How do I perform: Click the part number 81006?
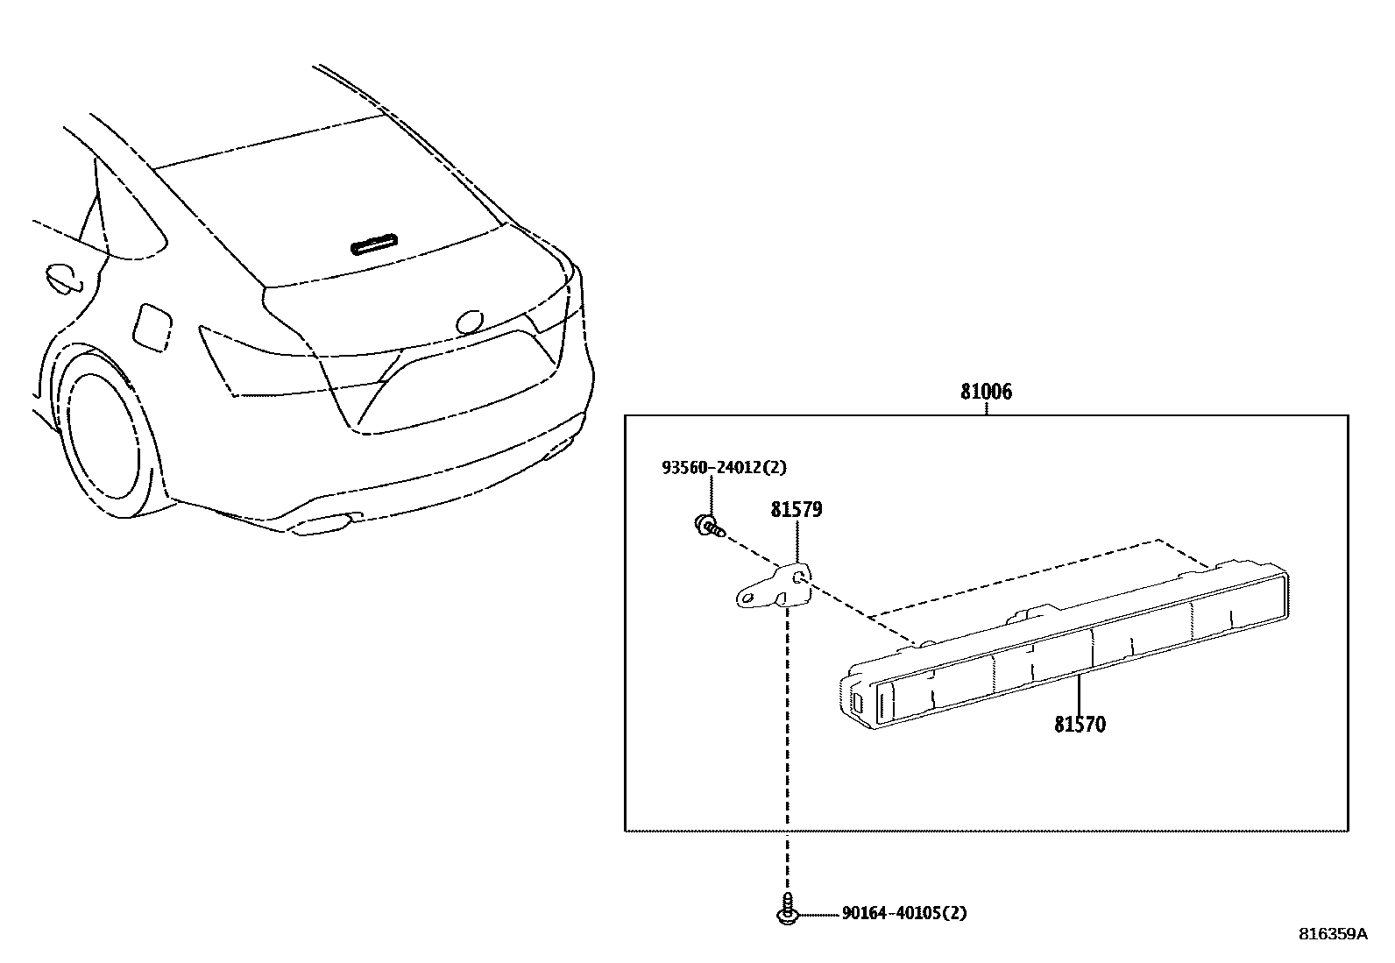click(986, 392)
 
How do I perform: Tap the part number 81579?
click(797, 509)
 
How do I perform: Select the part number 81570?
click(1080, 725)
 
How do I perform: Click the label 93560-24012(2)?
click(724, 468)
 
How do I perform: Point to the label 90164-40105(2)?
click(904, 913)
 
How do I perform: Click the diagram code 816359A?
click(1332, 934)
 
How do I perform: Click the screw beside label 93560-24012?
click(709, 527)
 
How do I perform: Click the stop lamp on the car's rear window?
click(374, 244)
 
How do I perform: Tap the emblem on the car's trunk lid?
click(469, 322)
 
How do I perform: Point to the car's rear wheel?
click(103, 438)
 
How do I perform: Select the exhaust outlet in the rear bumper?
click(326, 524)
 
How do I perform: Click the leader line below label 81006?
click(986, 408)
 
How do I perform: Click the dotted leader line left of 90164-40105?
click(818, 914)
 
